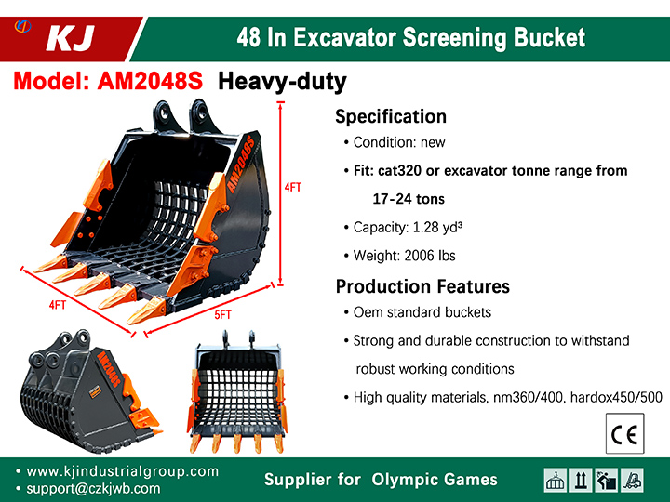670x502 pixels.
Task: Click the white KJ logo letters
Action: [x=71, y=38]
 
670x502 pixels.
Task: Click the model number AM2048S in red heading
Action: [x=150, y=80]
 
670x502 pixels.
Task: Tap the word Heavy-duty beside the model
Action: [x=282, y=82]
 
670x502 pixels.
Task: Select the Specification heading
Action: [x=391, y=116]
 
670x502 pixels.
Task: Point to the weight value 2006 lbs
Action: [x=429, y=256]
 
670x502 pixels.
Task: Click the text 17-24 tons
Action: [x=409, y=199]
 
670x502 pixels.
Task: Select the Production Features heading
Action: [x=422, y=286]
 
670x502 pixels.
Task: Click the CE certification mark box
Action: [x=624, y=433]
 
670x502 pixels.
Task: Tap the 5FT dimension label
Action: [x=222, y=315]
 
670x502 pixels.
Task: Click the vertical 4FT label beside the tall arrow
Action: [x=293, y=188]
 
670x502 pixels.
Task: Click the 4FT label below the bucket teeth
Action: [x=58, y=305]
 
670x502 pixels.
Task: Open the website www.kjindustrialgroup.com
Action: [x=122, y=471]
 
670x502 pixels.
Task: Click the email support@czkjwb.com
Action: [x=93, y=489]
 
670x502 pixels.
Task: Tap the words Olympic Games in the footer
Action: [x=435, y=480]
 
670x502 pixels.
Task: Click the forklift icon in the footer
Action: [x=632, y=481]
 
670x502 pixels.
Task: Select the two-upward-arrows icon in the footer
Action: [x=581, y=481]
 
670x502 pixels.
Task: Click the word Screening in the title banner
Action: [x=454, y=38]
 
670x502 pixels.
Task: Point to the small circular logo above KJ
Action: [x=22, y=26]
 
